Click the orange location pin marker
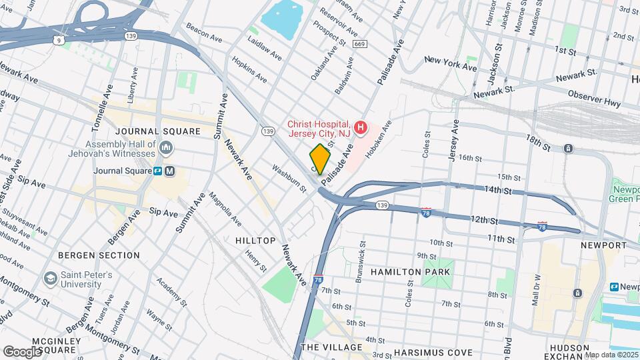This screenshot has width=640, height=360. [x=320, y=159]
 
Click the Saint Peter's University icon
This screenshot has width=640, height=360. [x=50, y=277]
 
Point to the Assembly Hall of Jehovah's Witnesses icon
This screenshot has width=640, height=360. [x=166, y=147]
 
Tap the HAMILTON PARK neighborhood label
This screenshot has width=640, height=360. [x=411, y=272]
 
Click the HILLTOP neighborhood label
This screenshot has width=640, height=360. [x=255, y=240]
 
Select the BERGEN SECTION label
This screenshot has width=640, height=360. [x=99, y=255]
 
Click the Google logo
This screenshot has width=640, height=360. [x=22, y=351]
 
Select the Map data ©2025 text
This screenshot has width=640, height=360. [x=611, y=355]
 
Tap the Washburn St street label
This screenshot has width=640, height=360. [x=289, y=179]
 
